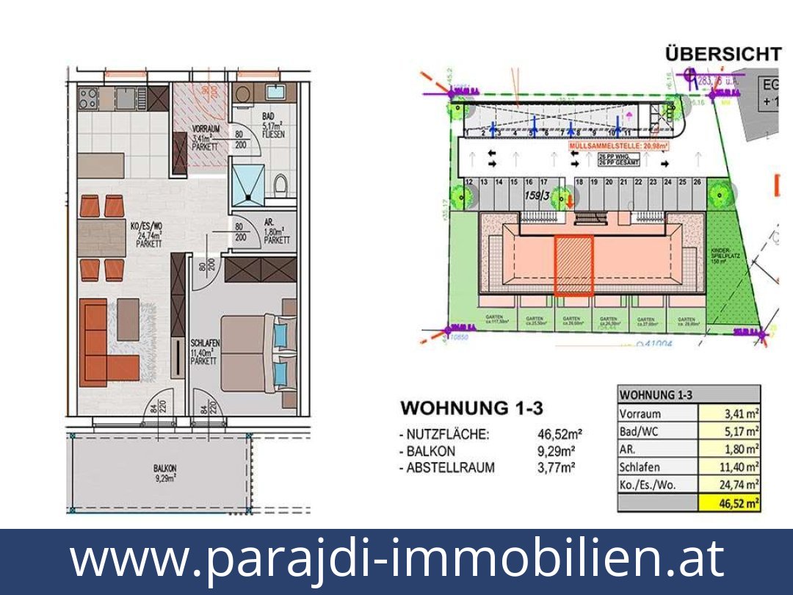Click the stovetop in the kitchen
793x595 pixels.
coord(89,97)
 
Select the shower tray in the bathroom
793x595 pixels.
coord(250,179)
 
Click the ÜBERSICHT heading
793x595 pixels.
coord(723,54)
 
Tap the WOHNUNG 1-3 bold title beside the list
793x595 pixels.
coord(471,407)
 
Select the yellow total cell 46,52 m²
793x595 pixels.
coord(729,502)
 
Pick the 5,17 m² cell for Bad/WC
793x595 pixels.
coord(729,431)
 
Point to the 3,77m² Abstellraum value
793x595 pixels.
coord(556,468)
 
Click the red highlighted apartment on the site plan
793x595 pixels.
coord(573,265)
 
